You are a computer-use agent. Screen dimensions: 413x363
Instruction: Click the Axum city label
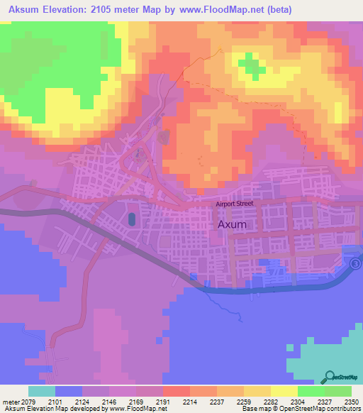click(232, 224)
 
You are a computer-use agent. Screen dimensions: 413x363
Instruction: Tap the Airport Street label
click(235, 204)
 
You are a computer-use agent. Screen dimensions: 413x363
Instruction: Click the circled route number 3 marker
click(355, 263)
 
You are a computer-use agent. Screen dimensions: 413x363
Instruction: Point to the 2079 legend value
click(28, 401)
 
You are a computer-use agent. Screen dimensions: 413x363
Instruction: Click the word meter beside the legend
click(10, 401)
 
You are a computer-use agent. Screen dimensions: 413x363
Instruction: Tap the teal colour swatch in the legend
click(42, 391)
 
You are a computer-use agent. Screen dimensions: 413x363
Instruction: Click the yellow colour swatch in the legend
click(284, 391)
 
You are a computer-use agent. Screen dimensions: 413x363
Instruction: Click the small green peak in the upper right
click(250, 66)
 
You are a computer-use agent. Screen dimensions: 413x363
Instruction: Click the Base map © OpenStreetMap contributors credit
click(301, 409)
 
